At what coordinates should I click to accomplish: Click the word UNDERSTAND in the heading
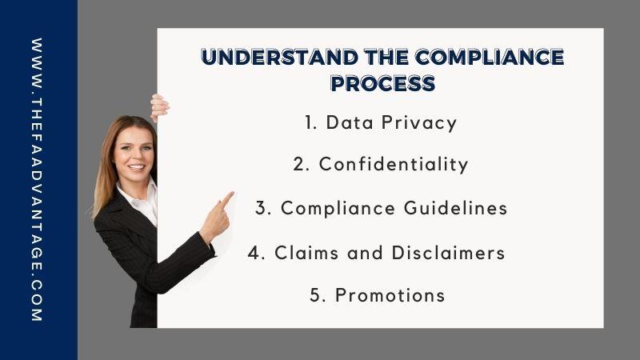click(x=279, y=57)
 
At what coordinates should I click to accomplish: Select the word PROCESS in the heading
click(x=383, y=83)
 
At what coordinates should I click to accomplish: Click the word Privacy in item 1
click(x=419, y=123)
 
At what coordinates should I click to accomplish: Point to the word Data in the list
click(x=350, y=122)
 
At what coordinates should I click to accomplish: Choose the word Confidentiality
click(x=394, y=165)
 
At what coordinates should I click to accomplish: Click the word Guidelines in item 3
click(x=455, y=208)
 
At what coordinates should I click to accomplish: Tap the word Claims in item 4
click(x=306, y=253)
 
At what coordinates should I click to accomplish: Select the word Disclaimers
click(x=448, y=253)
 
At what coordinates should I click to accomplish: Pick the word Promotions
click(x=390, y=295)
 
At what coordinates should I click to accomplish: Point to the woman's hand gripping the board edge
click(x=159, y=108)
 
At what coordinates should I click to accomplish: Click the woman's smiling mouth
click(x=136, y=167)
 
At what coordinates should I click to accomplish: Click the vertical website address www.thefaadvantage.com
click(x=37, y=179)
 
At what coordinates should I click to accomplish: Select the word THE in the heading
click(x=386, y=57)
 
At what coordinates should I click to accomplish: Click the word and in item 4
click(x=365, y=253)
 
